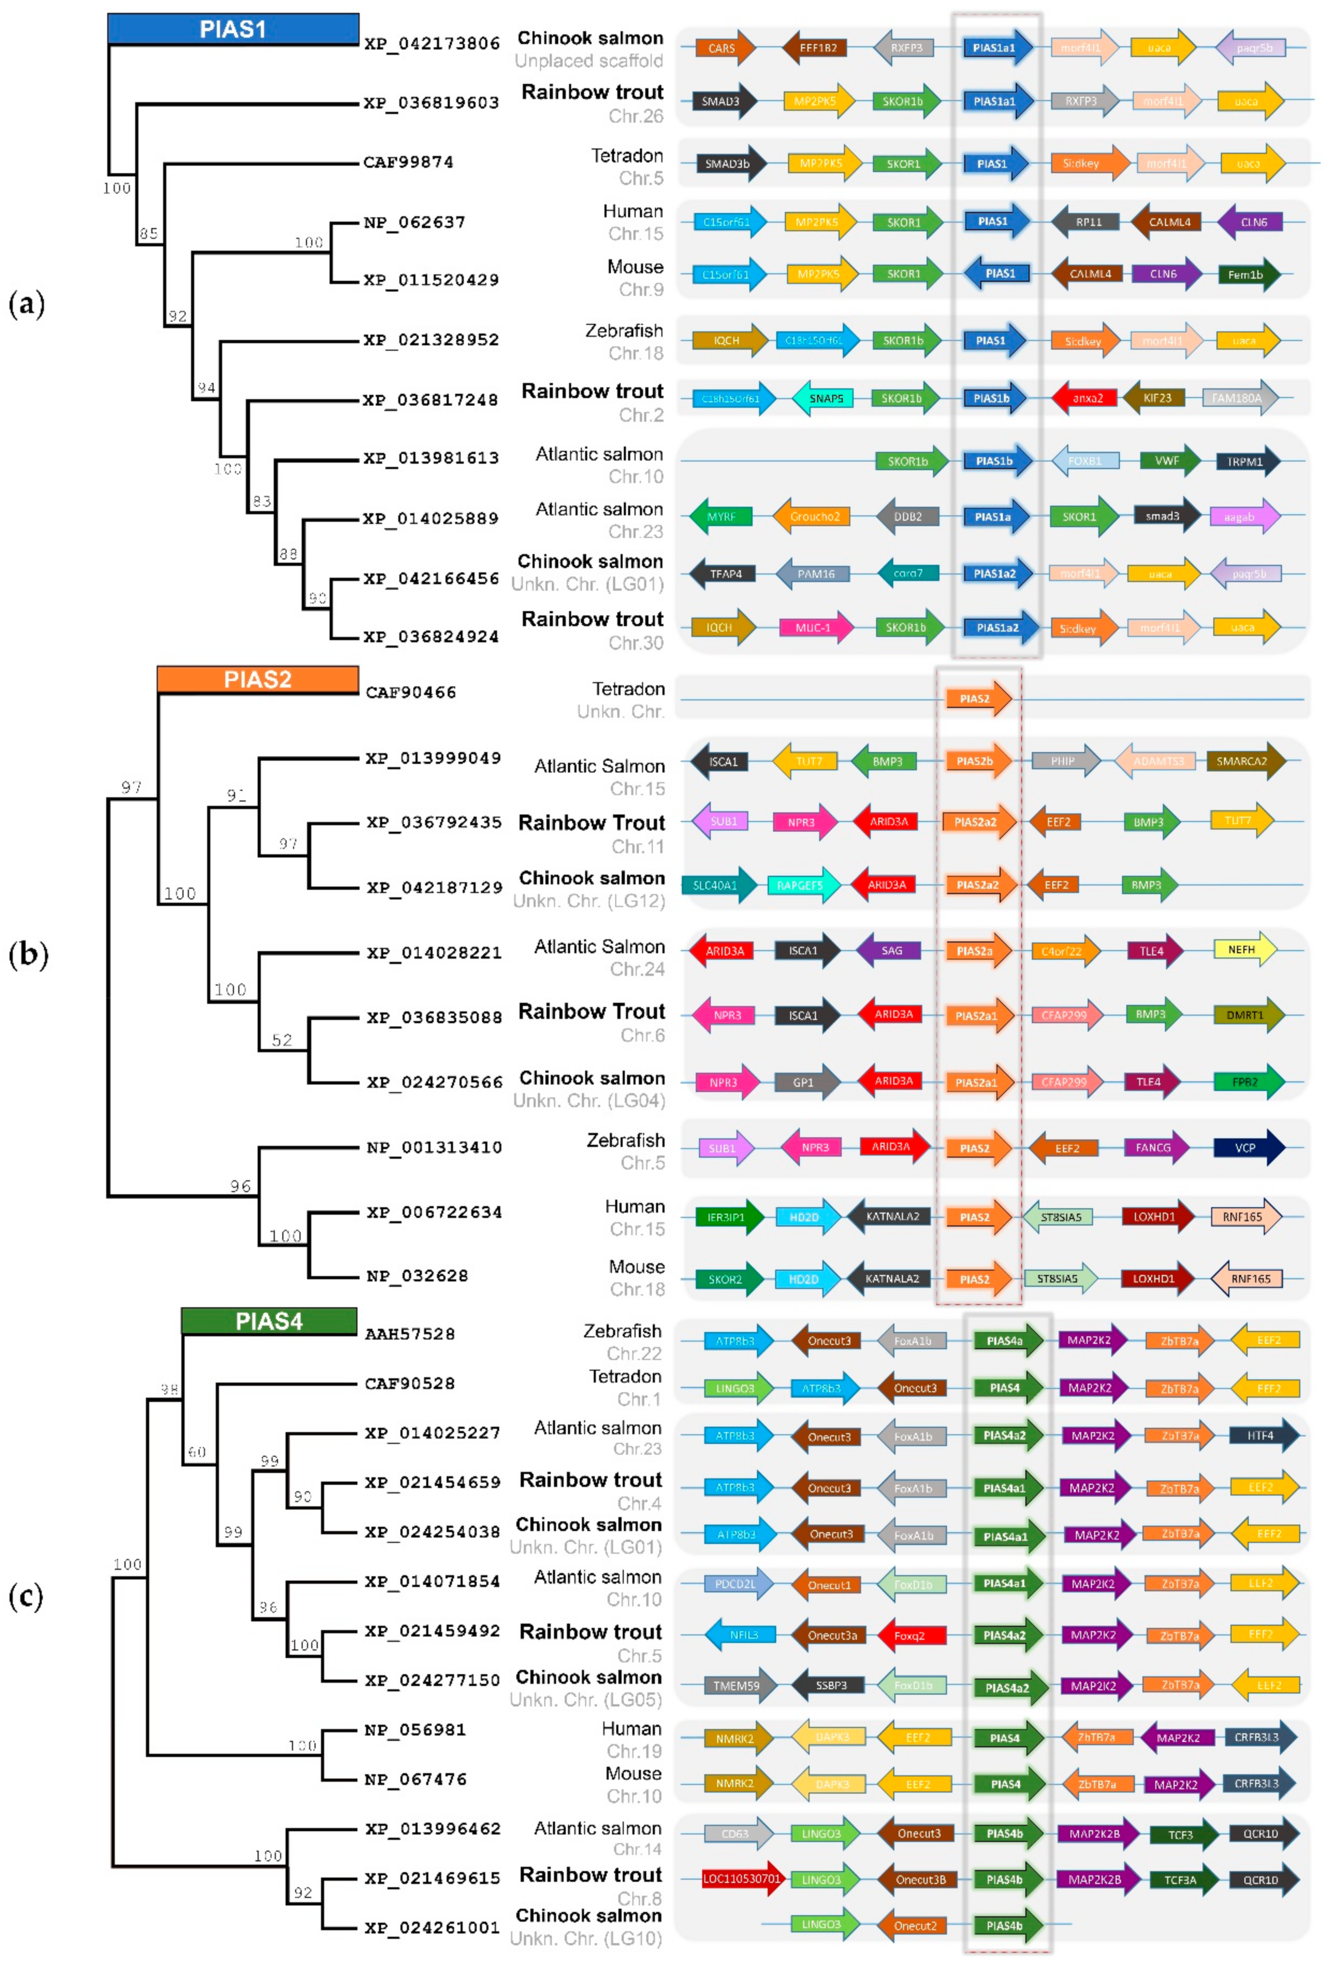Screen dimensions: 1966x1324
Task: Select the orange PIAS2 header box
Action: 258,679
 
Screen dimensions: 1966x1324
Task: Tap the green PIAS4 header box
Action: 269,1321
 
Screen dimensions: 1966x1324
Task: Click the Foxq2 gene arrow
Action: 911,1635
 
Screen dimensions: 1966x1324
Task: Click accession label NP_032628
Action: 417,1276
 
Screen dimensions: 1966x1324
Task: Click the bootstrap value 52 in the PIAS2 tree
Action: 282,1040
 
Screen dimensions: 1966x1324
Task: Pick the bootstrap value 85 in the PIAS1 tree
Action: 149,233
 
